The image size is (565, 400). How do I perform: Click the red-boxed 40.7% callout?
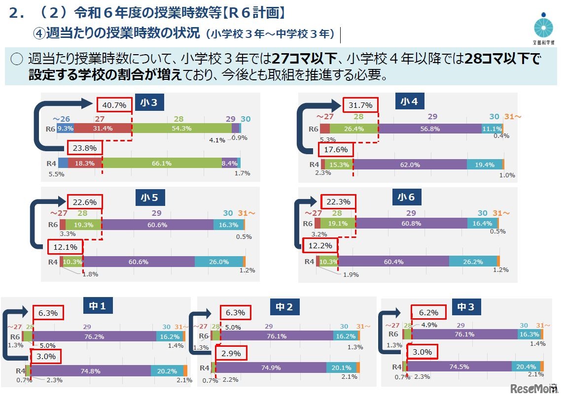(x=114, y=104)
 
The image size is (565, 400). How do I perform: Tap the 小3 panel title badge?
(x=149, y=102)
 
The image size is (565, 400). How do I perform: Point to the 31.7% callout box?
(x=360, y=105)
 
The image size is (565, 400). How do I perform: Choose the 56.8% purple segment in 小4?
(x=430, y=129)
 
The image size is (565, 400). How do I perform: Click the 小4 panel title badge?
(x=409, y=101)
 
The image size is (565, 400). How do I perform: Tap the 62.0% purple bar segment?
(x=410, y=165)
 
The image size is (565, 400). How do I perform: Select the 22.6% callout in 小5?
(x=85, y=202)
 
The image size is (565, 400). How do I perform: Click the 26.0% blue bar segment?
(x=219, y=262)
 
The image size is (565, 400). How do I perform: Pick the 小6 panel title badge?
(x=406, y=198)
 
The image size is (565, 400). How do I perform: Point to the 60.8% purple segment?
(x=411, y=224)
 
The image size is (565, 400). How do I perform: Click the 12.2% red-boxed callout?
(x=320, y=245)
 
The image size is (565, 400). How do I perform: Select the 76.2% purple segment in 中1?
(x=94, y=336)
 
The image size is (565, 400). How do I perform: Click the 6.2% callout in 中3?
(x=428, y=312)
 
